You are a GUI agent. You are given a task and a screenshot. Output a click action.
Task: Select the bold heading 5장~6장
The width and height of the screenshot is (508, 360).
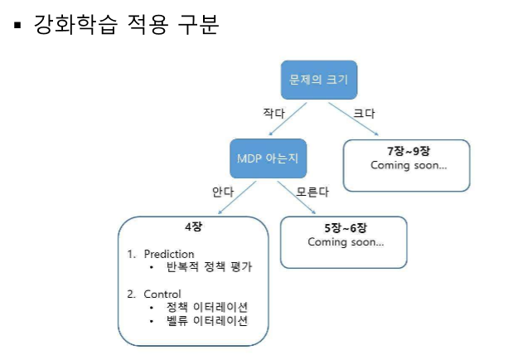pyautogui.click(x=345, y=228)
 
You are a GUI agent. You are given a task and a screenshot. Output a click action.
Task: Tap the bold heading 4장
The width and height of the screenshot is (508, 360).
pyautogui.click(x=193, y=226)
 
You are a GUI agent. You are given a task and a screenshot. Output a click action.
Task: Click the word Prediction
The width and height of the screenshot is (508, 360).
pyautogui.click(x=168, y=254)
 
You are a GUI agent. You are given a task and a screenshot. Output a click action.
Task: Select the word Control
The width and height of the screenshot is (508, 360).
pyautogui.click(x=162, y=294)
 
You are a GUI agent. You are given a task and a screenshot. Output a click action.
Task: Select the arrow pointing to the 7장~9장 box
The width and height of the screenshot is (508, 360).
pyautogui.click(x=355, y=119)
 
